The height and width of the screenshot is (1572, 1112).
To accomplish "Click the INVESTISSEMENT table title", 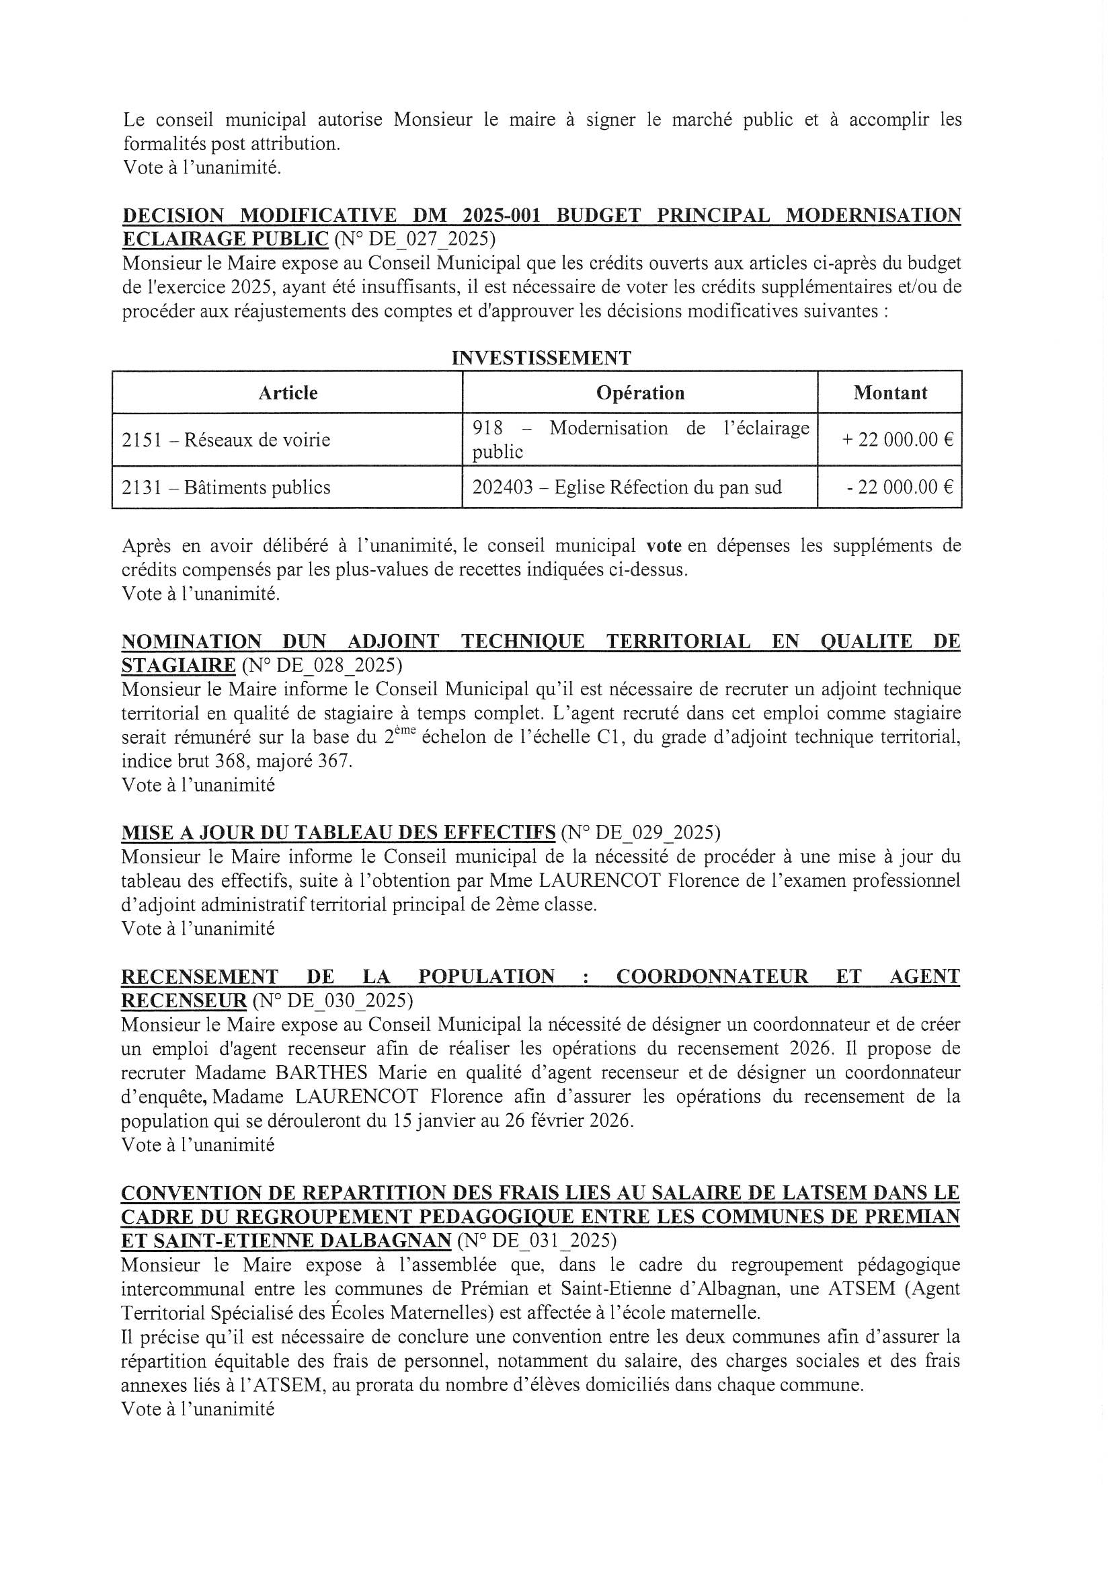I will click(541, 358).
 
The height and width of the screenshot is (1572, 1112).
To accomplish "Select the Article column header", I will click(288, 393).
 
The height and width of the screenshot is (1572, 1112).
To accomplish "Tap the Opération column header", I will click(640, 393).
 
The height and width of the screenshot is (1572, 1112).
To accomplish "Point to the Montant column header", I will click(890, 393).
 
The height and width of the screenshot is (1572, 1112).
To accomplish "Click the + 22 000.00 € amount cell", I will click(897, 440).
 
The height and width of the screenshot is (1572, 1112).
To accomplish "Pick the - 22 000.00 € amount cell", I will click(900, 487).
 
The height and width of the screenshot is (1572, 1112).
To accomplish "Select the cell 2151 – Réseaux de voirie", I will click(226, 440).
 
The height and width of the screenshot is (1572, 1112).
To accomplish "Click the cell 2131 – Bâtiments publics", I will click(226, 487).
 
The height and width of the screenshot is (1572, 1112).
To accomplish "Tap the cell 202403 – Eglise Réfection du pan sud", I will click(627, 487).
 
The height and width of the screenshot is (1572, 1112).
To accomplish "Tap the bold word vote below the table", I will click(664, 547).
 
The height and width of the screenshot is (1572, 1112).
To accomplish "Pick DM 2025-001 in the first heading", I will click(477, 216).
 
